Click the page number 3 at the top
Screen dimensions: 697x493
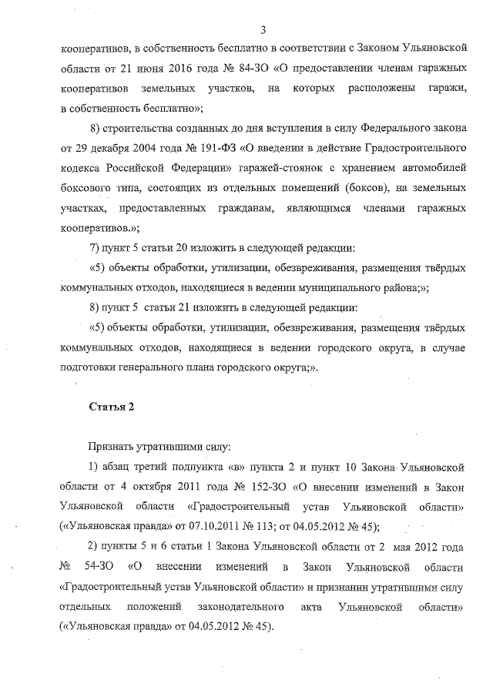(x=263, y=31)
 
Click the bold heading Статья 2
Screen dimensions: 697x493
(x=112, y=407)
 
